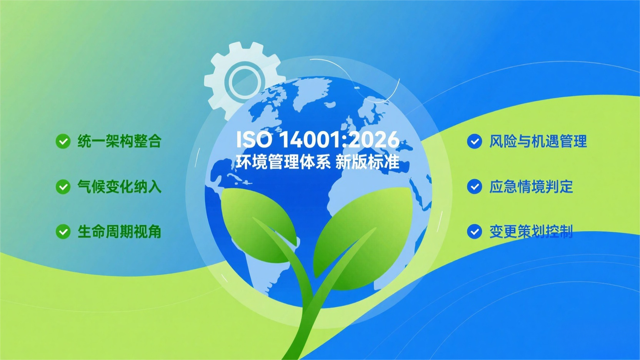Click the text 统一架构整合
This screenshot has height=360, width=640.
click(120, 141)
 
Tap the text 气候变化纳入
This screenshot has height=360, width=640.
click(120, 187)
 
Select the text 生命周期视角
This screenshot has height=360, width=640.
click(120, 232)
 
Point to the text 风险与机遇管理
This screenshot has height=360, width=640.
click(538, 141)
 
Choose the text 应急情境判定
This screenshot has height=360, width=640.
click(531, 187)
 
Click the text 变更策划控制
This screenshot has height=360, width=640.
click(531, 232)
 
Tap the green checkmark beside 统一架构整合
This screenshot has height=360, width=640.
click(63, 142)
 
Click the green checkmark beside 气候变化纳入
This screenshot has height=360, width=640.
click(63, 187)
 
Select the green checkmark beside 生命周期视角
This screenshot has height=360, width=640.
click(63, 232)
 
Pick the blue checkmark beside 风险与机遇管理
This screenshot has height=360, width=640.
click(475, 142)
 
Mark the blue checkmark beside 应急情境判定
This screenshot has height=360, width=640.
click(475, 187)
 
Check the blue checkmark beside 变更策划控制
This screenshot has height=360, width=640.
click(475, 232)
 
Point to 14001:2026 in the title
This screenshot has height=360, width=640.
click(339, 140)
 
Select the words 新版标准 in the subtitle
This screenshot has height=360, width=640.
click(367, 162)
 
